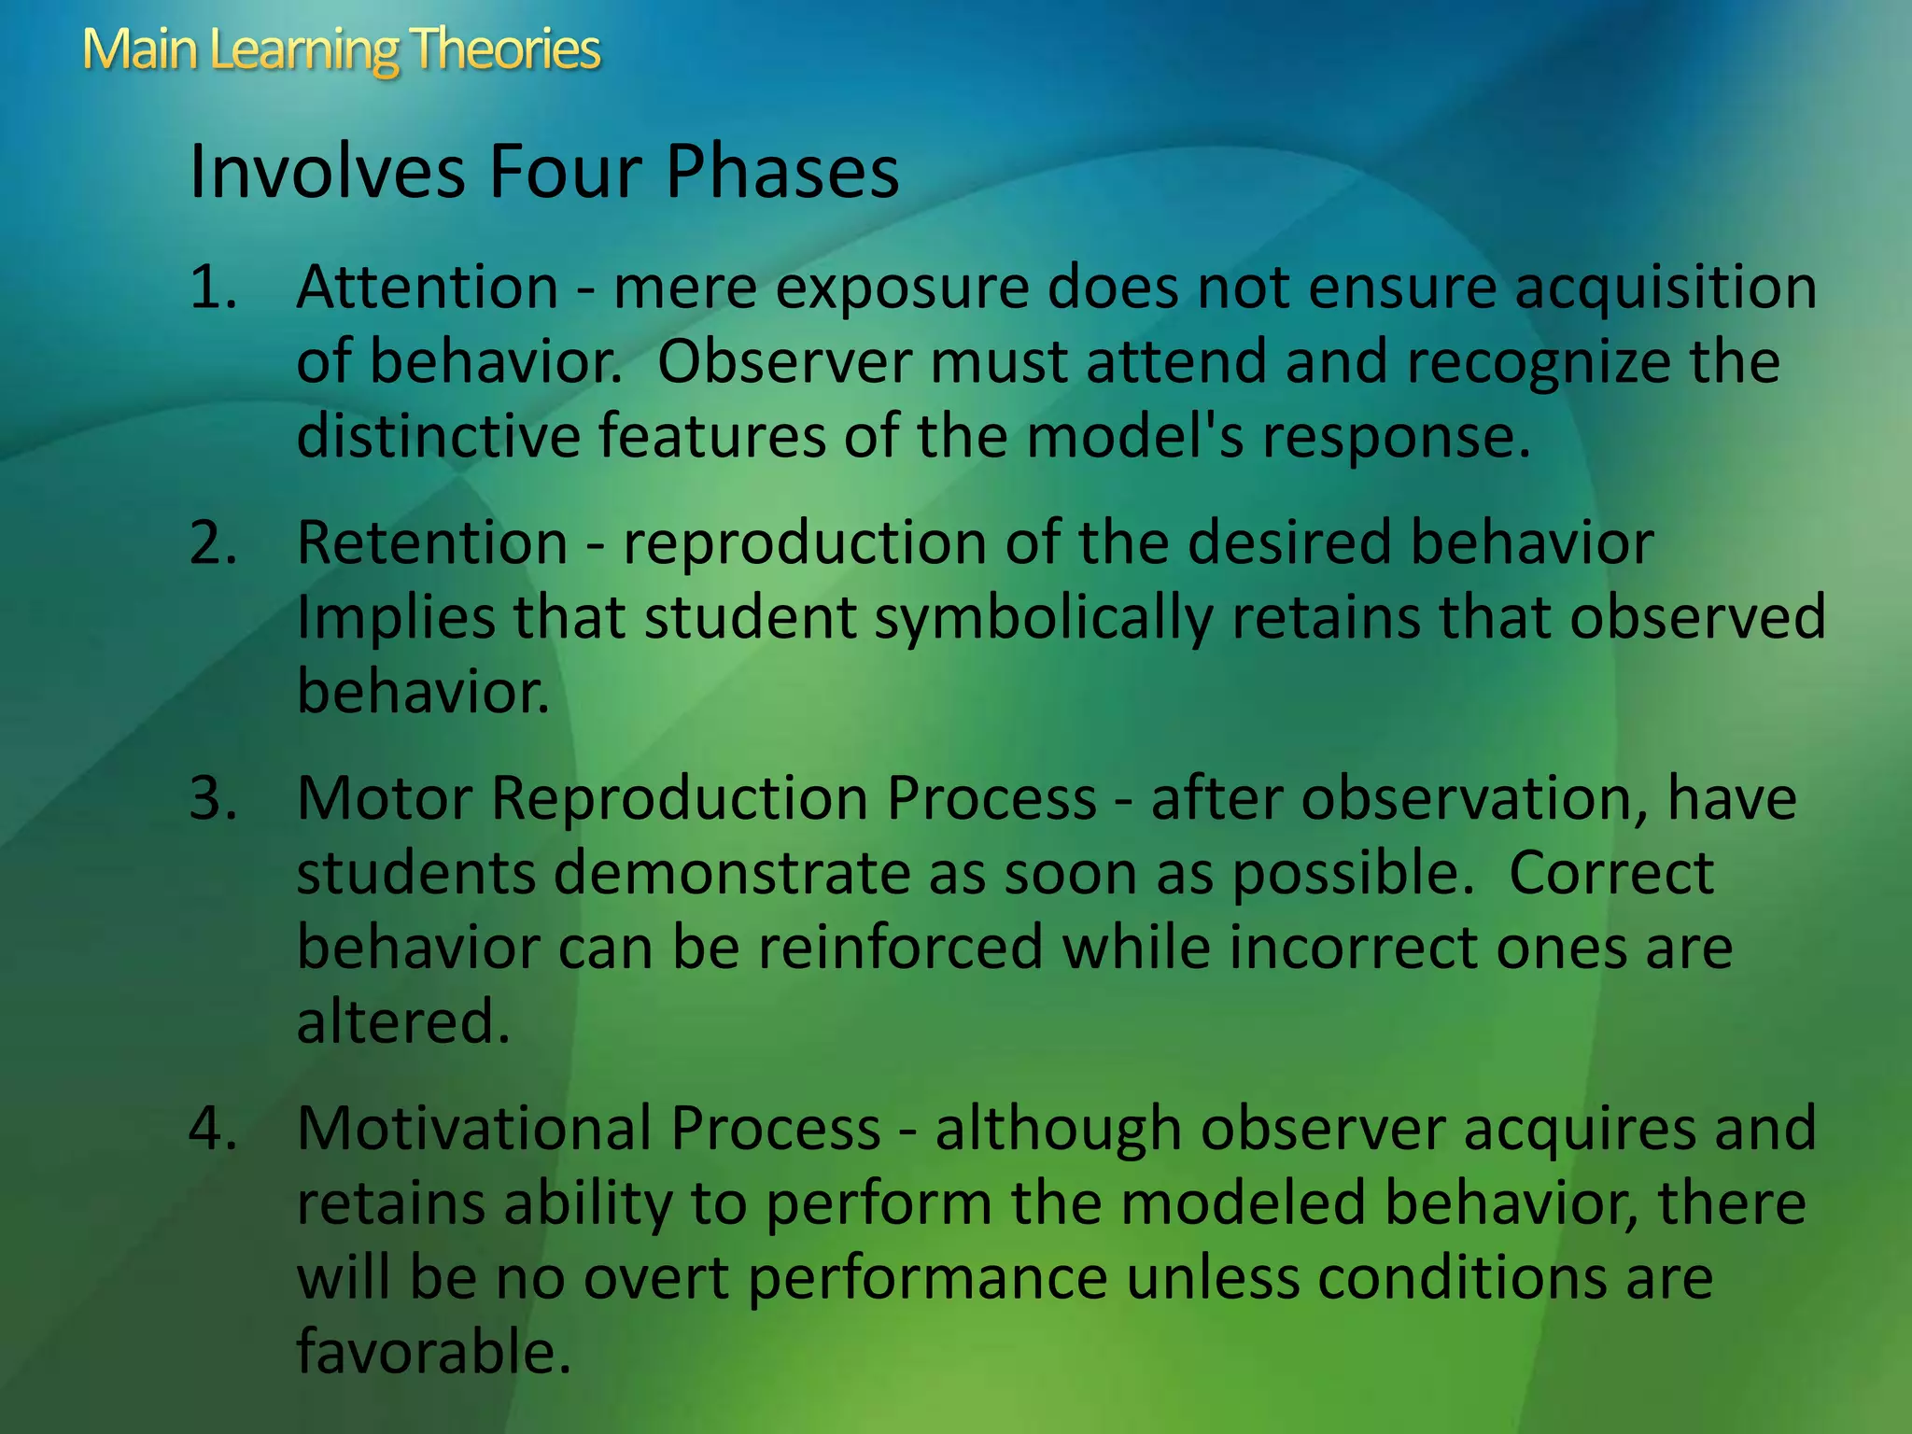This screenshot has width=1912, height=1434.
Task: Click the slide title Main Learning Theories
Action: (x=341, y=49)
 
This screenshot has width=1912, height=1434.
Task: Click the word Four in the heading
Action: (x=566, y=172)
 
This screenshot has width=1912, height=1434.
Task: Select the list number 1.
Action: (x=213, y=288)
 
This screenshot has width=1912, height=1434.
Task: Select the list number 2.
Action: (x=213, y=543)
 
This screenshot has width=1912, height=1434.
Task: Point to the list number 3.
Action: (x=213, y=799)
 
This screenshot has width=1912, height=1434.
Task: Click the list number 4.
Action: (x=213, y=1129)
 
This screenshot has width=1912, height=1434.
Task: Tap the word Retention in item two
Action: (x=432, y=543)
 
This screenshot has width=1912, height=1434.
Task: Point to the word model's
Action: (x=1135, y=437)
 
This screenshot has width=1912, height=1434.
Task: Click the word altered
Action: (x=403, y=1022)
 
